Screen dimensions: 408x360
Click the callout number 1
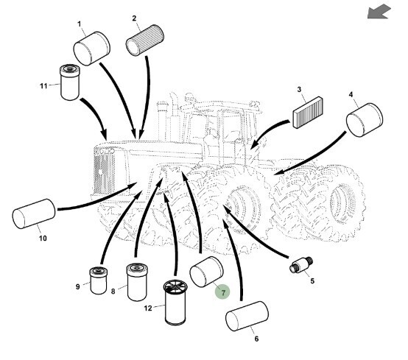(x=80, y=24)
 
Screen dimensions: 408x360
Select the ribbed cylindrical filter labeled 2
(x=144, y=40)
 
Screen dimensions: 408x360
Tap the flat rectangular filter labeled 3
(x=308, y=113)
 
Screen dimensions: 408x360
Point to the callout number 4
(x=351, y=95)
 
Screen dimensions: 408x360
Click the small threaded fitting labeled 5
(x=301, y=265)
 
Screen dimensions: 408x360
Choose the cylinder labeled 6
(x=247, y=316)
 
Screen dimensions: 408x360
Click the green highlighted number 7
(x=222, y=292)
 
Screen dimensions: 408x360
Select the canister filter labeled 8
(x=137, y=282)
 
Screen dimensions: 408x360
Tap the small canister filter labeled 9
(x=99, y=281)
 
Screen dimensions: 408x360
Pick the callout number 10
(x=43, y=239)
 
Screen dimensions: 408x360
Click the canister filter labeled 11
(x=70, y=82)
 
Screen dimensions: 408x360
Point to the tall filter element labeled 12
(x=175, y=303)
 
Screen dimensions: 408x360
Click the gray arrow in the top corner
(x=379, y=12)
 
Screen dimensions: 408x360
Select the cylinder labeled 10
(x=34, y=213)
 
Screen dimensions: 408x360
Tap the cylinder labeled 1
(x=92, y=49)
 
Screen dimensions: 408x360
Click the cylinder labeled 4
(x=365, y=120)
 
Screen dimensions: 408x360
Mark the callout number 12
(x=148, y=308)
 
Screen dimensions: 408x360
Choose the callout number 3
(x=299, y=90)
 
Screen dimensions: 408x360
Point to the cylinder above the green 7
(x=207, y=272)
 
